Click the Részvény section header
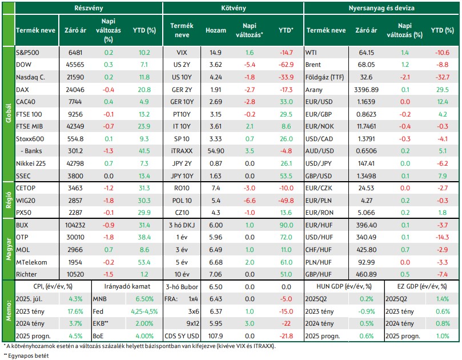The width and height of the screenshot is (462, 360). (89, 8)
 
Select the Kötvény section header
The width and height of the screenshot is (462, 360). (234, 8)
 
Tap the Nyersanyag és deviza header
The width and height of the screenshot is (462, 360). (381, 8)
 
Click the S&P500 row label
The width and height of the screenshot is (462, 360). (27, 53)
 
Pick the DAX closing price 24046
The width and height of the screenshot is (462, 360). (75, 90)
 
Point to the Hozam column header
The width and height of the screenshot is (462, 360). (216, 30)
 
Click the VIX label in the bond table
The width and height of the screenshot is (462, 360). (182, 53)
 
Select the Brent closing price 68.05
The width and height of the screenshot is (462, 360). (366, 65)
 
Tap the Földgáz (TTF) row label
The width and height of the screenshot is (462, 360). (325, 77)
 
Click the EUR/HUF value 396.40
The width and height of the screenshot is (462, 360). (366, 225)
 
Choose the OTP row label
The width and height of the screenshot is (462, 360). (22, 237)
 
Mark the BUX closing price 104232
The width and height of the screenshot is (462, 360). (75, 225)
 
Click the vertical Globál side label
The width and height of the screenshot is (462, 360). (9, 114)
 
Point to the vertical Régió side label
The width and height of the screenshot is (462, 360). (9, 200)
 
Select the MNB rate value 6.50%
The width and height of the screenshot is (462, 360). (144, 299)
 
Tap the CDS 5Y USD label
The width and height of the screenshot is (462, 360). (182, 336)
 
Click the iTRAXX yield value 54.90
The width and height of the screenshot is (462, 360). (216, 151)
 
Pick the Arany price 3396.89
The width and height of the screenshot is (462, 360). (366, 90)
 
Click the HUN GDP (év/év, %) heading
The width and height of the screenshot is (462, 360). (344, 286)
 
